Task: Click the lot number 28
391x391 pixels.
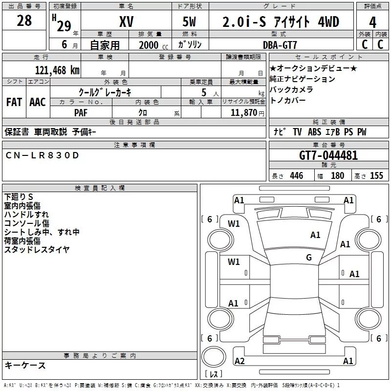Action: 24,21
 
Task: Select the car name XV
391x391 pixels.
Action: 127,22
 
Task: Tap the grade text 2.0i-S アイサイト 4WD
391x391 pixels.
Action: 281,22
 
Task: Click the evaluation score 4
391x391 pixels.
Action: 373,22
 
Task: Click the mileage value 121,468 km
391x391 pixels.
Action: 57,70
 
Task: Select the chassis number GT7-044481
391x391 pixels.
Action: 328,155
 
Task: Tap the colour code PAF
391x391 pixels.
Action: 81,112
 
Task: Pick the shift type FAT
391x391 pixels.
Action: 14,102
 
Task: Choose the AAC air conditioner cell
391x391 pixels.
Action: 38,102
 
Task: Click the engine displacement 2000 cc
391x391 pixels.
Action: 149,45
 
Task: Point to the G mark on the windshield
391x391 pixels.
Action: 309,258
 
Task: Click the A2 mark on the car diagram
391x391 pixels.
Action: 239,361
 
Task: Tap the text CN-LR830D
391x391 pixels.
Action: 42,155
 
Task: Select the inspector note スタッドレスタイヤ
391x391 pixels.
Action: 37,249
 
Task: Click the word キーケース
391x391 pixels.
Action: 25,365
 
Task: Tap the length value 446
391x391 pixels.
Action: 296,175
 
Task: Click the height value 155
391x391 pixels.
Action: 376,175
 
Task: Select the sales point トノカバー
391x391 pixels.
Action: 288,100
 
